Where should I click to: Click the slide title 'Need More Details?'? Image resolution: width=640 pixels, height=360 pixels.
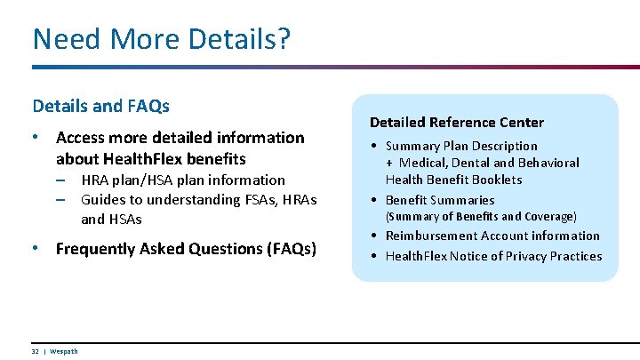pos(161,39)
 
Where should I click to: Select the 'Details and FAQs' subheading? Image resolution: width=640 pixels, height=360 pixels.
pos(100,106)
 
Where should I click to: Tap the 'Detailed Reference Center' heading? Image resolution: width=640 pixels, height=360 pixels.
pos(456,122)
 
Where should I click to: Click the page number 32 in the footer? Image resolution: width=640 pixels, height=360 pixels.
pos(36,351)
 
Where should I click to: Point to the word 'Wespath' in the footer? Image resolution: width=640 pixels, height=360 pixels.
pos(63,351)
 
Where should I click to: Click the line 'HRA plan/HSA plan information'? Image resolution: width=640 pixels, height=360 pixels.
pos(182,180)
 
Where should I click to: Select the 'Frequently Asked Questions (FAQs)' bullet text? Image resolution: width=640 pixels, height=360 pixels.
pos(186,249)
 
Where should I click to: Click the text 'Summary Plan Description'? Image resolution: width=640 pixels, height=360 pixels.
pos(460,146)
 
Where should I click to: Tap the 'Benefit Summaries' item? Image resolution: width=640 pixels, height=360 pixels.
pos(439,200)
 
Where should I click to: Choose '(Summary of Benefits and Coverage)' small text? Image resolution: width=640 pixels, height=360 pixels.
pos(480,217)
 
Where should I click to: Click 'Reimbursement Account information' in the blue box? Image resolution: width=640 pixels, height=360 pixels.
pos(492,236)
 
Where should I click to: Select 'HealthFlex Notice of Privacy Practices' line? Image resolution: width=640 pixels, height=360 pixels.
pos(493,256)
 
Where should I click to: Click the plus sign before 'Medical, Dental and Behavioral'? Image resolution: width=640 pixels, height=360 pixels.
pos(389,163)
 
